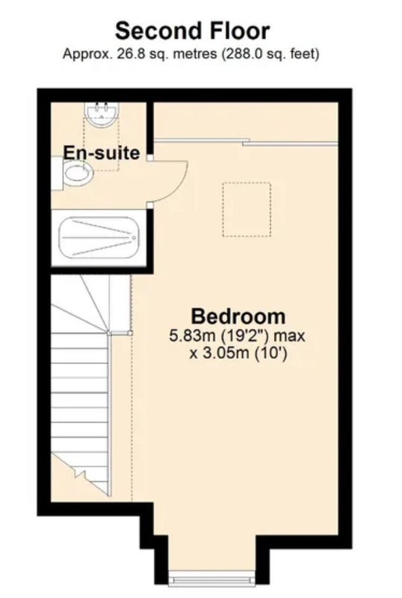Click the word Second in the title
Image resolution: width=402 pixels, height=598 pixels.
click(x=153, y=31)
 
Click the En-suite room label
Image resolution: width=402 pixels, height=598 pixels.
click(x=102, y=153)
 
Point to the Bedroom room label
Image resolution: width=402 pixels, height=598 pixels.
click(x=238, y=316)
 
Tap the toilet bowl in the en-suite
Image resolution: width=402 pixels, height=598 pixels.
click(x=78, y=173)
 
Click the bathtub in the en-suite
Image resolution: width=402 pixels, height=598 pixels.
click(x=99, y=238)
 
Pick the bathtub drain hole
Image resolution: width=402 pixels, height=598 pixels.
click(x=134, y=238)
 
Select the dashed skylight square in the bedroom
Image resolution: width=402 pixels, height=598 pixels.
click(x=247, y=209)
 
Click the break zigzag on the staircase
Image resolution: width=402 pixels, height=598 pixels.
click(x=81, y=474)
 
